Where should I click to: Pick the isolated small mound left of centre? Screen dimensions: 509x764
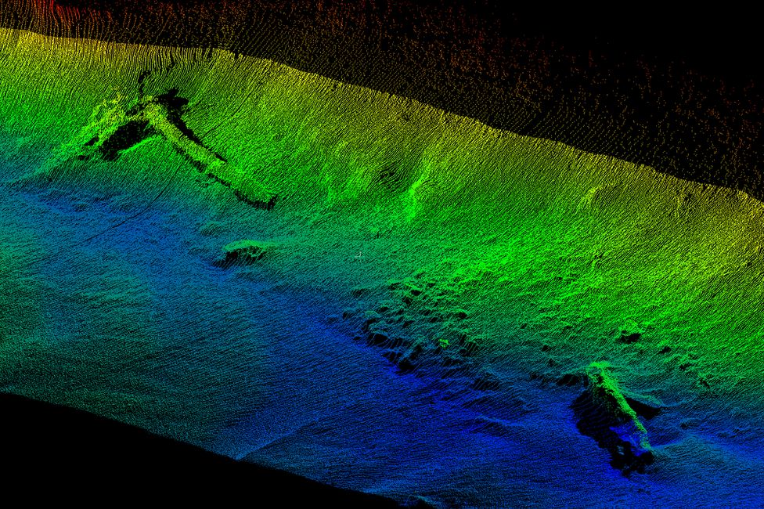point(243,250)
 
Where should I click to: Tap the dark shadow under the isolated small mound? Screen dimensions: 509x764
point(239,258)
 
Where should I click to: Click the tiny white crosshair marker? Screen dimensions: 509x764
point(359,254)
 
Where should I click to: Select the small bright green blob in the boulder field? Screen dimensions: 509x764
point(443,342)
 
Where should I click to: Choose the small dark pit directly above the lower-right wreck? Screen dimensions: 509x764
point(629,337)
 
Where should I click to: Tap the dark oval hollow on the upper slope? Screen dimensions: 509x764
point(387,176)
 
